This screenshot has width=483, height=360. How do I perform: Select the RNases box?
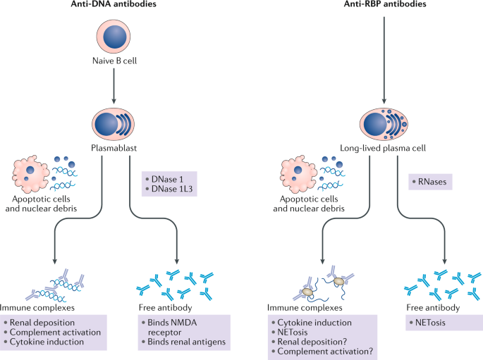[429, 182]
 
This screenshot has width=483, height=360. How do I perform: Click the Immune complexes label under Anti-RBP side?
[305, 307]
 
